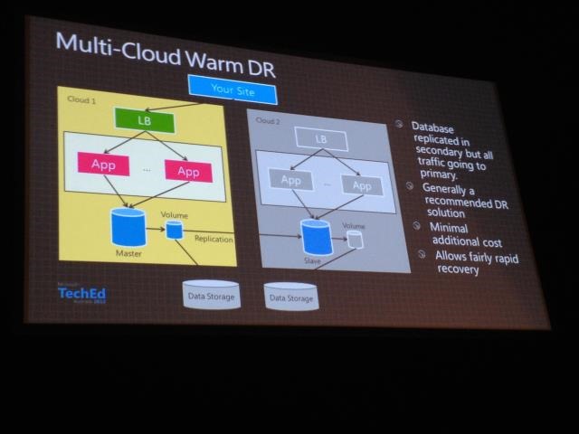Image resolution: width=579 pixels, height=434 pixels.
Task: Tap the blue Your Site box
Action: pos(233,89)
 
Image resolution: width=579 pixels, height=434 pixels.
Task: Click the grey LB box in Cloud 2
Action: pos(321,138)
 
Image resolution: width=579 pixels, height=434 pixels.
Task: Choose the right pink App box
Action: pos(188,171)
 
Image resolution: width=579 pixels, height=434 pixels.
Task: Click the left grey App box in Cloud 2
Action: pos(290,181)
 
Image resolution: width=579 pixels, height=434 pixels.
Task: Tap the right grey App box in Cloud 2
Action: pos(361,185)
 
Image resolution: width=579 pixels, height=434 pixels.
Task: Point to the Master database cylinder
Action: pos(128,227)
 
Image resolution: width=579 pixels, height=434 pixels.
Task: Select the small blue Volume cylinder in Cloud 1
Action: pos(175,231)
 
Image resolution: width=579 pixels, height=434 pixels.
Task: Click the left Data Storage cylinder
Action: pos(211,295)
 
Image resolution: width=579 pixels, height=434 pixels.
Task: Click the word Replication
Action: pos(214,240)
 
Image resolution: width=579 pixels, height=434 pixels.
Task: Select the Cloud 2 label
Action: pos(268,119)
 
